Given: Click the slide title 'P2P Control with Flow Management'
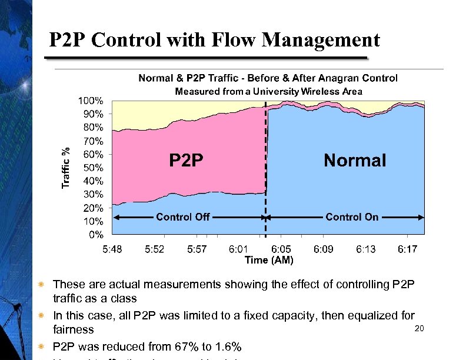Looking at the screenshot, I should (214, 40).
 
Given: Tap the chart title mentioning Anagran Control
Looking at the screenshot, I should (268, 78).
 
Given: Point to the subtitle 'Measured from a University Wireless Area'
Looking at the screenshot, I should (268, 91).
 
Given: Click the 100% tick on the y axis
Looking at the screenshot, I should (91, 100).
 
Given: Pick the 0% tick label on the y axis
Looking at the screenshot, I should (96, 235).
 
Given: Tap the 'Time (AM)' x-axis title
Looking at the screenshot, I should (268, 259).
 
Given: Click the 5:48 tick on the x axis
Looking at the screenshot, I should (112, 249).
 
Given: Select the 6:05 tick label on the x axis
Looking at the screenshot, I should (281, 249).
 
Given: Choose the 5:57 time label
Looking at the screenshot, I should (197, 249).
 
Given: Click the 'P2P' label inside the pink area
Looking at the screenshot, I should (187, 160).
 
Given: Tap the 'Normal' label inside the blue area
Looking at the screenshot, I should (355, 160).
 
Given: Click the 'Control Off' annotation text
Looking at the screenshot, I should (183, 217).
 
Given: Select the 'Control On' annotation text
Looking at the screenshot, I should (352, 217).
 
